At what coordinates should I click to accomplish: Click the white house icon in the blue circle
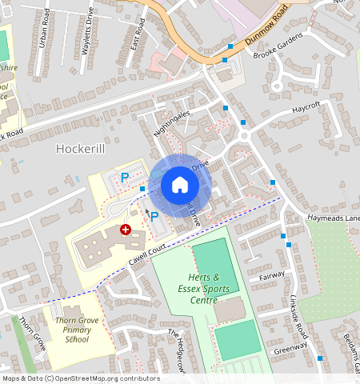(180, 186)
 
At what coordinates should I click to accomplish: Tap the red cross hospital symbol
(126, 230)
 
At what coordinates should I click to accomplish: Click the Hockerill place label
(82, 149)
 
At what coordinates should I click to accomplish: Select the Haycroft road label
(306, 106)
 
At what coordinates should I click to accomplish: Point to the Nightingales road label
(171, 125)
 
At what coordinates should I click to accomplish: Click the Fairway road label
(272, 276)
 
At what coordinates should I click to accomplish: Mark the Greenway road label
(290, 350)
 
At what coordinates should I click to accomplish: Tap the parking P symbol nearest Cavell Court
(154, 215)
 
